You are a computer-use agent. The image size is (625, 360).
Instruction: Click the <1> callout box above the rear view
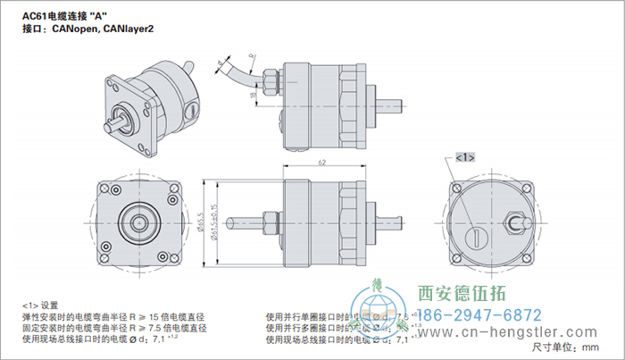464,157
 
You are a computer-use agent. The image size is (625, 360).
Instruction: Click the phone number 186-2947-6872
479,315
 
